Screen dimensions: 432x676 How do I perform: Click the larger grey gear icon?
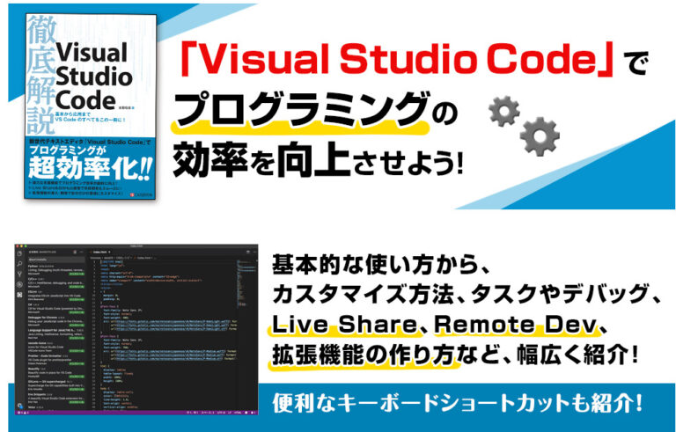pyautogui.click(x=539, y=136)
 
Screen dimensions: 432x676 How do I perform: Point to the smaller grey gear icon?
pyautogui.click(x=504, y=110)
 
